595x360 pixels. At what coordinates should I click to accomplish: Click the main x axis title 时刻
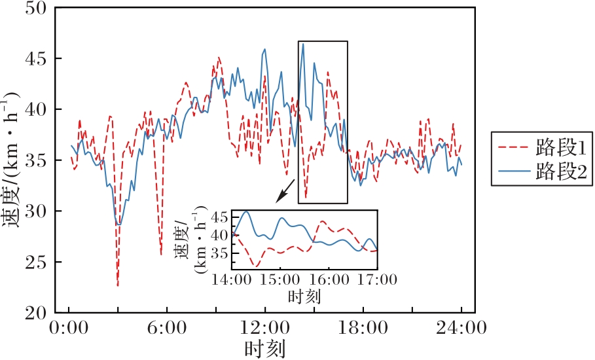point(264,348)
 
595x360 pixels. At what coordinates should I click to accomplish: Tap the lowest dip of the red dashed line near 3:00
point(118,285)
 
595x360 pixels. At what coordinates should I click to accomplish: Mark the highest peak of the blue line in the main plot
point(302,44)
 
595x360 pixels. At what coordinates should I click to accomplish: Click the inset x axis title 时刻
point(304,297)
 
